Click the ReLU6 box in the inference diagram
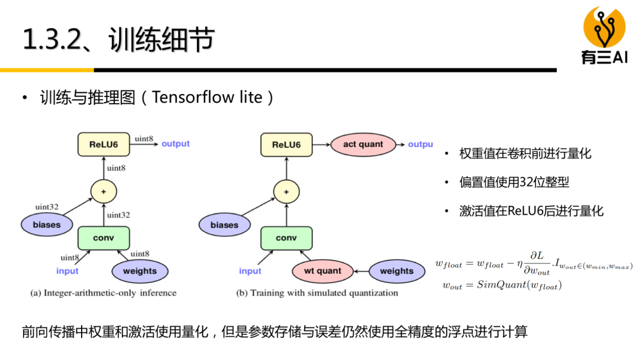tap(104, 144)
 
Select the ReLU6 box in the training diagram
tap(286, 144)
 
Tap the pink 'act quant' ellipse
tap(363, 144)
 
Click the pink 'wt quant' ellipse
tap(322, 271)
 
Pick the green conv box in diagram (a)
tap(104, 238)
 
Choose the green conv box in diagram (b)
tap(286, 238)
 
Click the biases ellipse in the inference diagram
tap(47, 225)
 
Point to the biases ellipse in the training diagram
tap(224, 225)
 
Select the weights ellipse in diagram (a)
tap(140, 271)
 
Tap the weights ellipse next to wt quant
tap(396, 271)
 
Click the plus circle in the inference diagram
tap(104, 191)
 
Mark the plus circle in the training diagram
tap(286, 191)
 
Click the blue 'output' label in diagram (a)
tap(175, 144)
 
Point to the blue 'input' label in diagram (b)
tap(250, 271)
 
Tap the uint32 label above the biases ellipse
tap(47, 207)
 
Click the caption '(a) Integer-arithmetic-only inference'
tap(103, 292)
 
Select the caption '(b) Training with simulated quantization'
tap(317, 292)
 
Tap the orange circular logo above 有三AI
tap(604, 27)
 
